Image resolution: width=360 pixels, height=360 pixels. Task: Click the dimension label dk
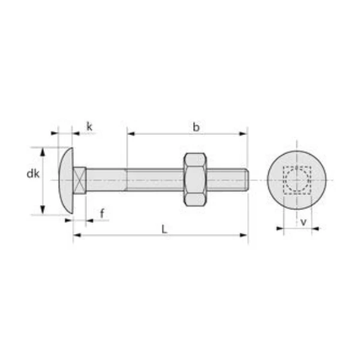pyautogui.click(x=33, y=174)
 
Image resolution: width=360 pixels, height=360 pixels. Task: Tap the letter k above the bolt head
pyautogui.click(x=89, y=126)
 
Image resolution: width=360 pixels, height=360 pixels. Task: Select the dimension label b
pyautogui.click(x=196, y=127)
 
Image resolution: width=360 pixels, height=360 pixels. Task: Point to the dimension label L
pyautogui.click(x=163, y=228)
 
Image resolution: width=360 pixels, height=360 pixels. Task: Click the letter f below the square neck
pyautogui.click(x=101, y=214)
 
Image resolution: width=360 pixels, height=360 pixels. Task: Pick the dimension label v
pyautogui.click(x=303, y=222)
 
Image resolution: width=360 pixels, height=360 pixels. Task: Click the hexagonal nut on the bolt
pyautogui.click(x=194, y=180)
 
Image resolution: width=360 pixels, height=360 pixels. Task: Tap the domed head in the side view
pyautogui.click(x=65, y=180)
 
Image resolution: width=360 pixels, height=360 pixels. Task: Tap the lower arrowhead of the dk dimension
pyautogui.click(x=42, y=211)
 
